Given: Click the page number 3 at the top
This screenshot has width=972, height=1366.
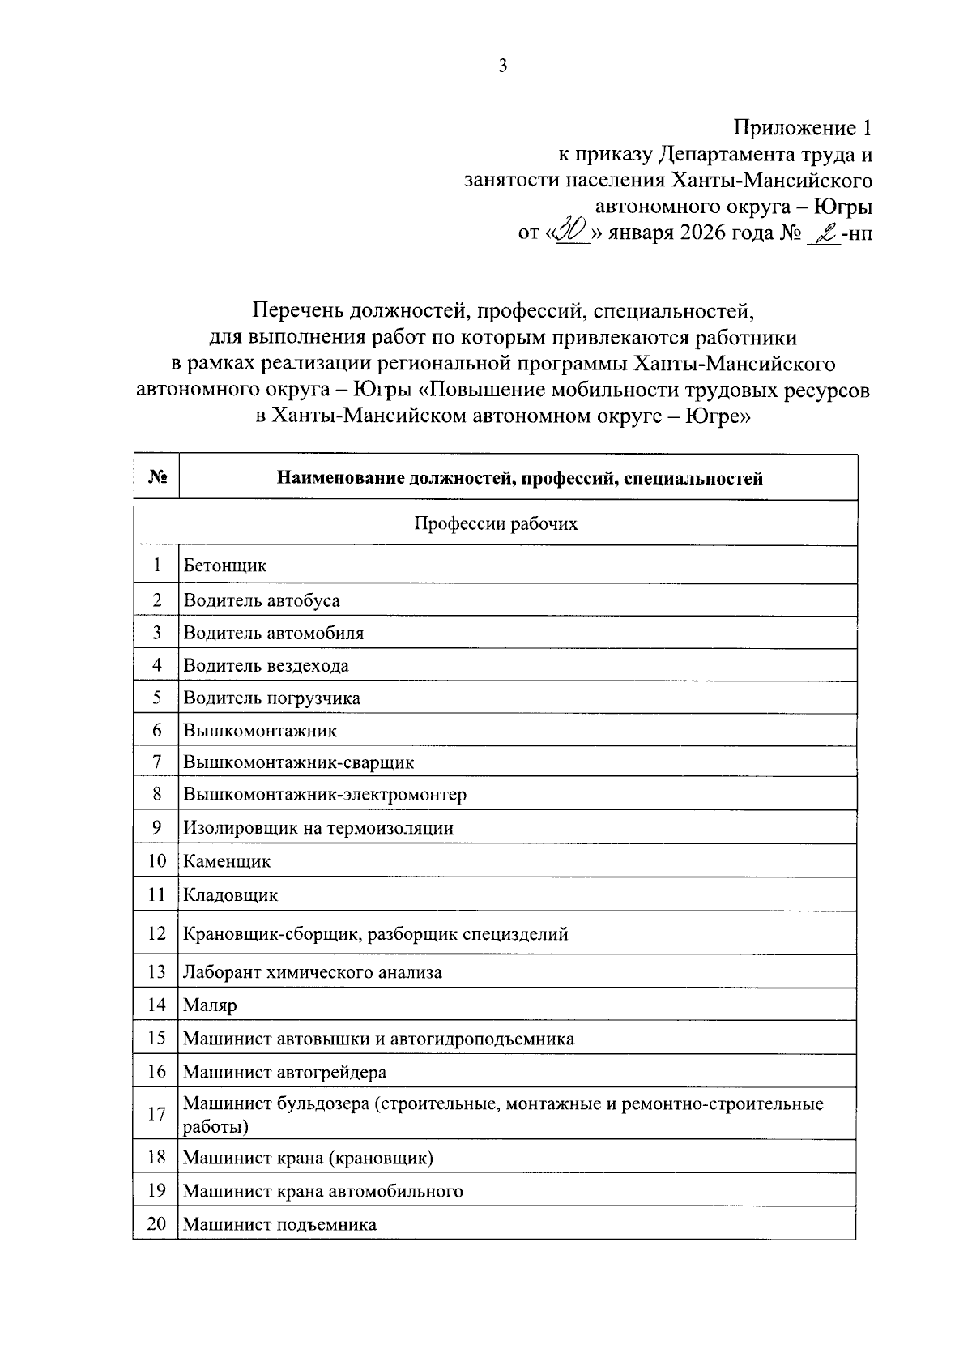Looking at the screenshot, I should tap(502, 67).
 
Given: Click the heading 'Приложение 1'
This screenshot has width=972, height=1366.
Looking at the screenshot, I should tap(803, 128).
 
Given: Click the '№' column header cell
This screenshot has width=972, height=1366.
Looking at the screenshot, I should tap(156, 477).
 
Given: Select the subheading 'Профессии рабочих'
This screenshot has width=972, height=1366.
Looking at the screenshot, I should tap(496, 523).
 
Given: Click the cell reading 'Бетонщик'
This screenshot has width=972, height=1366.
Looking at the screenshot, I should tap(225, 566).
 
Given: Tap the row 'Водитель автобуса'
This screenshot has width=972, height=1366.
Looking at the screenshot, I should tap(262, 600).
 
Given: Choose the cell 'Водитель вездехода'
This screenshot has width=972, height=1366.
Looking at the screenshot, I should tap(266, 666).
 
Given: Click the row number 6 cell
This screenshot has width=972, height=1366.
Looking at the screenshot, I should tap(156, 731).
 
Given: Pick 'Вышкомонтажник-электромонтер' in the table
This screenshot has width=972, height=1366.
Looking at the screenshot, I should tap(325, 794).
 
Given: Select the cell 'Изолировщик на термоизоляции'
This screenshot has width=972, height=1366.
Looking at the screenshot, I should tap(318, 828).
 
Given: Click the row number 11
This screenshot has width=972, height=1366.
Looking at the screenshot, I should tap(156, 895).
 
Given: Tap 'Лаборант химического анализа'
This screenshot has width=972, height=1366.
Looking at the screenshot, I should tap(313, 972).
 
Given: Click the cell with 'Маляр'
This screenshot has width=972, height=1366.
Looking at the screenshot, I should tap(210, 1005).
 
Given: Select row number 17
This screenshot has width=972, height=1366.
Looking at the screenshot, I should tap(156, 1114).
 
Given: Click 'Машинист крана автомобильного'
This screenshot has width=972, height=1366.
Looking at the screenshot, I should tap(322, 1191).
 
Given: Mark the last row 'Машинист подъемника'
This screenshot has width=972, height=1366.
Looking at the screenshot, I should tap(279, 1224).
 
